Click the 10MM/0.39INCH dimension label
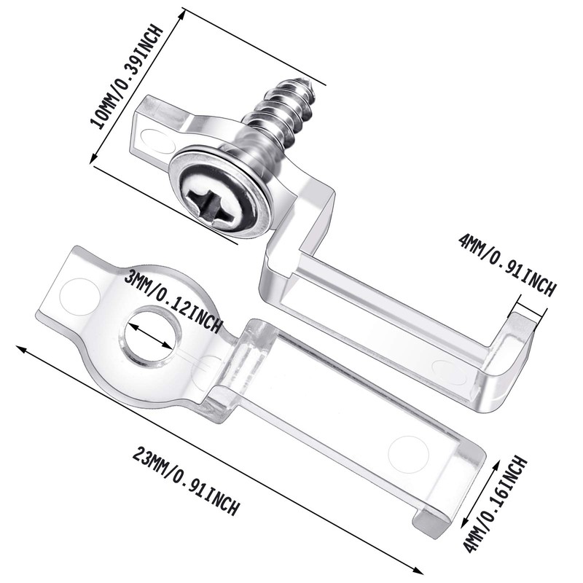(126, 77)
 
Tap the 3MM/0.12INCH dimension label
(174, 301)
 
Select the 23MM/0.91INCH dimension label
(187, 481)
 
